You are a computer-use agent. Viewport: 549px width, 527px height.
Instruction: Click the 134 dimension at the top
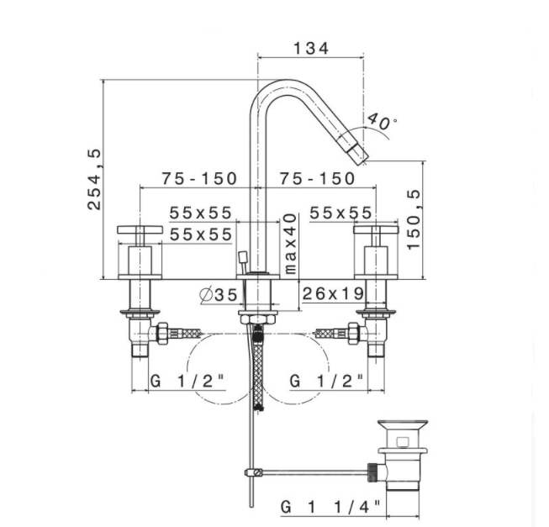311,48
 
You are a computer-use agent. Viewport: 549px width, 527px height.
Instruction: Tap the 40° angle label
382,121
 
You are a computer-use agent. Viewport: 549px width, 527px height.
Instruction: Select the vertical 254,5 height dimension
94,179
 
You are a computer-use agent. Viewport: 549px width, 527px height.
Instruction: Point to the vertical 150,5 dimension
414,219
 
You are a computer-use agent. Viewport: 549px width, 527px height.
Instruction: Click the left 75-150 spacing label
199,178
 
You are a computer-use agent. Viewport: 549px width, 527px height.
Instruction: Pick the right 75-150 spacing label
317,178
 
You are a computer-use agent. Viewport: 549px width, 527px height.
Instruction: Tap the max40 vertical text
291,244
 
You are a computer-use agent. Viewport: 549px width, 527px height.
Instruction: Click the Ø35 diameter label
219,295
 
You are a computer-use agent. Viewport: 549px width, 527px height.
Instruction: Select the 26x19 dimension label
333,293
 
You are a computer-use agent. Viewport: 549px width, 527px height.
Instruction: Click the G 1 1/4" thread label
330,507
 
